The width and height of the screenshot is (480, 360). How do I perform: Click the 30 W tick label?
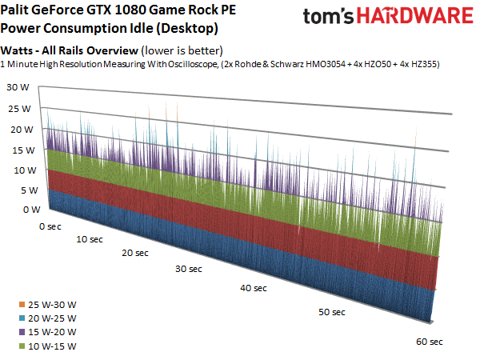coord(18,87)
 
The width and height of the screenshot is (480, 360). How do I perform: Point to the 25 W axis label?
coord(19,109)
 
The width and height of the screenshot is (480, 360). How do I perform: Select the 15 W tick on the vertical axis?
coord(23,150)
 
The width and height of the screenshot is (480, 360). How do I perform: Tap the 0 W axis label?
coord(31,210)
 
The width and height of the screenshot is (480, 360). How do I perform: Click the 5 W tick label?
coord(30,190)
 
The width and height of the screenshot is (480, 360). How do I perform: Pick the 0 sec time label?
coord(50,226)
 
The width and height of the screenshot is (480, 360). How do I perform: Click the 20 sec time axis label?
coord(135,253)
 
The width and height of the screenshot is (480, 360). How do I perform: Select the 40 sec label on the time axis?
coord(254,288)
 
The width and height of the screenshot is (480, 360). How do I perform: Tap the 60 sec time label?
coord(430,342)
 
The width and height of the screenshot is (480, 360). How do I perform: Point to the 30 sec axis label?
coord(189,269)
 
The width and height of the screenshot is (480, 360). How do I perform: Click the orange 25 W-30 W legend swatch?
coord(22,305)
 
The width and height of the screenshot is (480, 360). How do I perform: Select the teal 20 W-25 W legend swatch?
coord(22,318)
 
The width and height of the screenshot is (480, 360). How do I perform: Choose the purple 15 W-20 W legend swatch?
coord(22,332)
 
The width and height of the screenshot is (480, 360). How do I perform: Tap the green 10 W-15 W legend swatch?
coord(22,346)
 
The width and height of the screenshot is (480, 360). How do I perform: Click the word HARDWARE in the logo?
coord(415,15)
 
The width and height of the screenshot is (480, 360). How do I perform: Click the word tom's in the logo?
coord(329,16)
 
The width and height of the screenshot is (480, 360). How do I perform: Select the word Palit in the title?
coord(14,10)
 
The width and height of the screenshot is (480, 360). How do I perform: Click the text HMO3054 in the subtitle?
coord(326,64)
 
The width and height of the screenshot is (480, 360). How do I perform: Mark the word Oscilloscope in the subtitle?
coord(192,65)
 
